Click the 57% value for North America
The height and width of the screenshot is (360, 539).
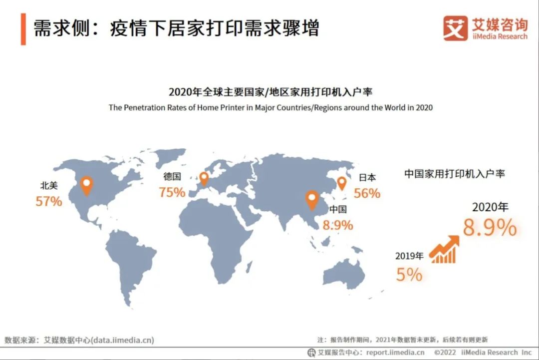(x=49, y=201)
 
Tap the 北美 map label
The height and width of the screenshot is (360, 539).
(x=49, y=186)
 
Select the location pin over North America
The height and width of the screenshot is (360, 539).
(x=87, y=186)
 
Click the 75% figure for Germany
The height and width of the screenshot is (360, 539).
(x=172, y=192)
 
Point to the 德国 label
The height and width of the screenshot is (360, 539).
(x=172, y=176)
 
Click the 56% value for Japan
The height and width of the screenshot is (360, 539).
(x=367, y=193)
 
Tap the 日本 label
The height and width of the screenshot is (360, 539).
(x=367, y=177)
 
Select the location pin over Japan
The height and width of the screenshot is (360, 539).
(x=342, y=184)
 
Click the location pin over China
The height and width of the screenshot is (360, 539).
(x=312, y=200)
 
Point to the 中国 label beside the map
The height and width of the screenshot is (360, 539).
(x=338, y=209)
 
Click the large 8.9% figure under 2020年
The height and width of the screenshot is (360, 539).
(x=490, y=228)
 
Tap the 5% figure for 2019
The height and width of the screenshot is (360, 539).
(x=409, y=274)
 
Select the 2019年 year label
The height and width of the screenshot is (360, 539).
(x=409, y=256)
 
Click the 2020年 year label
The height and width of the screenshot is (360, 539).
(x=490, y=207)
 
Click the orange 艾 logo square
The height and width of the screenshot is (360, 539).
(x=455, y=28)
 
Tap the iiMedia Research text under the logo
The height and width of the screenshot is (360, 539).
(x=499, y=36)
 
